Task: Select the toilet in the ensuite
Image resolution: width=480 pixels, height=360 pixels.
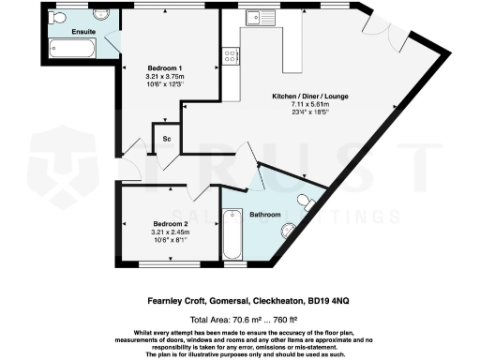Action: pos(59,17)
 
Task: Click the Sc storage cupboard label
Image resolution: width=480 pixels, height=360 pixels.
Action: pos(166,139)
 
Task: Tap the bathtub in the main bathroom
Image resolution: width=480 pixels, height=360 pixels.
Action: pos(232,234)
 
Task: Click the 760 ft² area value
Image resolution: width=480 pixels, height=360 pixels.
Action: pos(294,318)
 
